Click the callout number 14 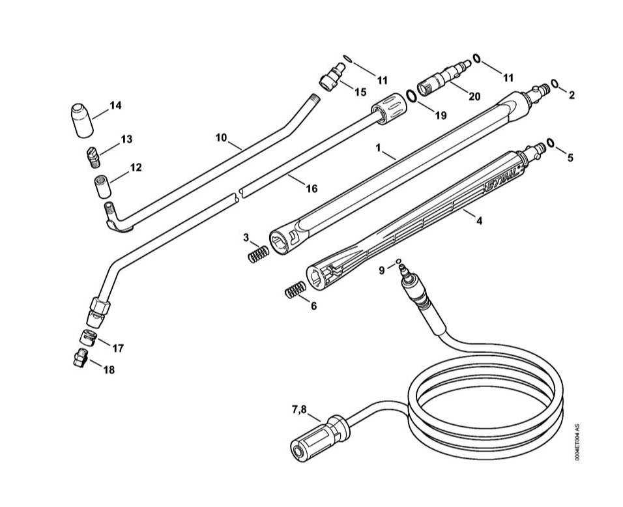pos(115,106)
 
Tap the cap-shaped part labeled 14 pos(82,121)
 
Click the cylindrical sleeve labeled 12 pos(103,186)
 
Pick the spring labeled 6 pos(295,289)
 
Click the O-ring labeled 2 pos(555,84)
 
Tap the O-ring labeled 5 pos(550,142)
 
